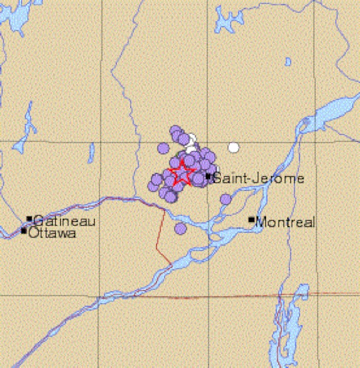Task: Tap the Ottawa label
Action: tap(52, 233)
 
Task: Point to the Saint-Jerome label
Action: tap(259, 179)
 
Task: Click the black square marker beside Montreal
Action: tap(251, 220)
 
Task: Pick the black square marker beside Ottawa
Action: tap(24, 231)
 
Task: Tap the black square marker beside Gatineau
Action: tap(30, 219)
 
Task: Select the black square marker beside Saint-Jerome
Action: tap(208, 176)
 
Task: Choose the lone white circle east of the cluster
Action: tap(233, 148)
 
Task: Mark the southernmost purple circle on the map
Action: tap(180, 229)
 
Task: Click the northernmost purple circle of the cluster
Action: tap(175, 130)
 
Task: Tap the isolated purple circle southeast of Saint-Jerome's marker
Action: tap(226, 199)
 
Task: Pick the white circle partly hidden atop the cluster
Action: tap(192, 139)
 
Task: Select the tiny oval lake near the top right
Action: tap(288, 62)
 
